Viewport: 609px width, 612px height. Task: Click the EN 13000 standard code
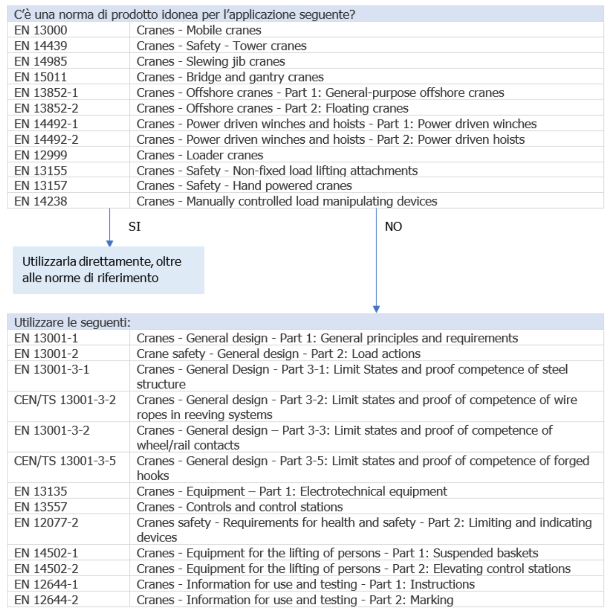[x=40, y=30]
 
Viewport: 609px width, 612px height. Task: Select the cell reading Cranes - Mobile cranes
[x=199, y=30]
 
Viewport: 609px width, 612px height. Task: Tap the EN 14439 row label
[x=40, y=46]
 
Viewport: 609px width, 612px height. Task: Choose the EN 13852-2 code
[x=46, y=108]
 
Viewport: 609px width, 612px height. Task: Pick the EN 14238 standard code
[x=40, y=201]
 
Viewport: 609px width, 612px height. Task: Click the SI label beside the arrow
[x=134, y=226]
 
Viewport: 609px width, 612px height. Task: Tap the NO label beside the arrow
[x=393, y=226]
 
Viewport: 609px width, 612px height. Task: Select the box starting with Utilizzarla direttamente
[x=108, y=270]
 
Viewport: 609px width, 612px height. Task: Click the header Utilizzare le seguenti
[x=72, y=322]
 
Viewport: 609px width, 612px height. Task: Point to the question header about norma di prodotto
[x=184, y=15]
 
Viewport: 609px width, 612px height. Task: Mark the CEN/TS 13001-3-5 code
[x=65, y=461]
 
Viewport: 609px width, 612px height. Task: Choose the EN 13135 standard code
[x=40, y=492]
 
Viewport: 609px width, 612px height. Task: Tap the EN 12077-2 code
[x=46, y=523]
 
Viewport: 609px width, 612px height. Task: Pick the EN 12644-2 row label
[x=46, y=600]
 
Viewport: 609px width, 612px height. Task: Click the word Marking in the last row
[x=431, y=600]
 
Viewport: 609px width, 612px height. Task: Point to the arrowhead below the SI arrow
[x=109, y=244]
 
